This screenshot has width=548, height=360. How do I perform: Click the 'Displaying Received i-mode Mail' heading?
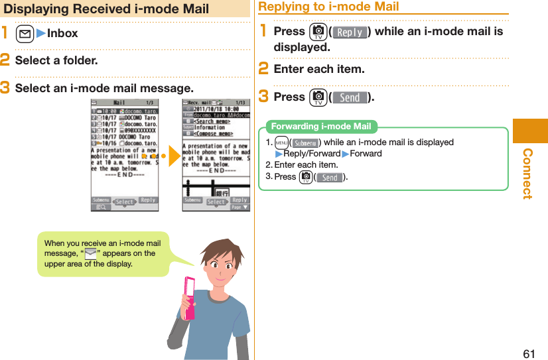pos(106,9)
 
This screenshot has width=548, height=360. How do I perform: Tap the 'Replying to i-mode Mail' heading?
pos(328,7)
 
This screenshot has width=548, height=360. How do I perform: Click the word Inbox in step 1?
pos(62,33)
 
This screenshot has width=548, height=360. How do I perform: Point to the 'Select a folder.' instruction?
pos(56,60)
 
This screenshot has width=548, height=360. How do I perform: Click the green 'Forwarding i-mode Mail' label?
pos(321,127)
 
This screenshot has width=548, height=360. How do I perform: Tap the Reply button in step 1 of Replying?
pos(349,32)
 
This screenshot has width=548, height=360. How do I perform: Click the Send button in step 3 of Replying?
pos(349,97)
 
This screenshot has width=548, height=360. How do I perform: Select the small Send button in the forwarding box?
pos(329,177)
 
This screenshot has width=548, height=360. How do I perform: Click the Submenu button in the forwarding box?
pos(306,143)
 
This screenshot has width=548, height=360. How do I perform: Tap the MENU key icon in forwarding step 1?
pos(282,143)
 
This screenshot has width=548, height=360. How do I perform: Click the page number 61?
pos(529,353)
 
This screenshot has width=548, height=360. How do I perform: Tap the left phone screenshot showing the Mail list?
pos(125,155)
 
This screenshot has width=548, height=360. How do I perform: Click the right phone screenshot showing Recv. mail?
pos(216,155)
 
